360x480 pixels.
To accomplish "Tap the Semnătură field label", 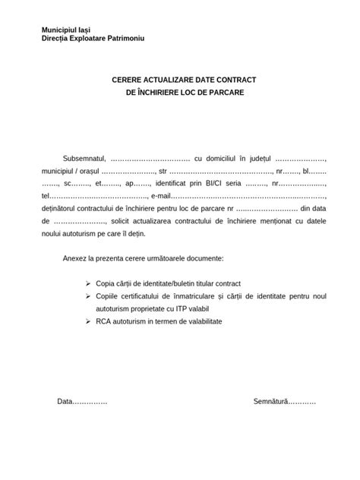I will pos(271,400).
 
